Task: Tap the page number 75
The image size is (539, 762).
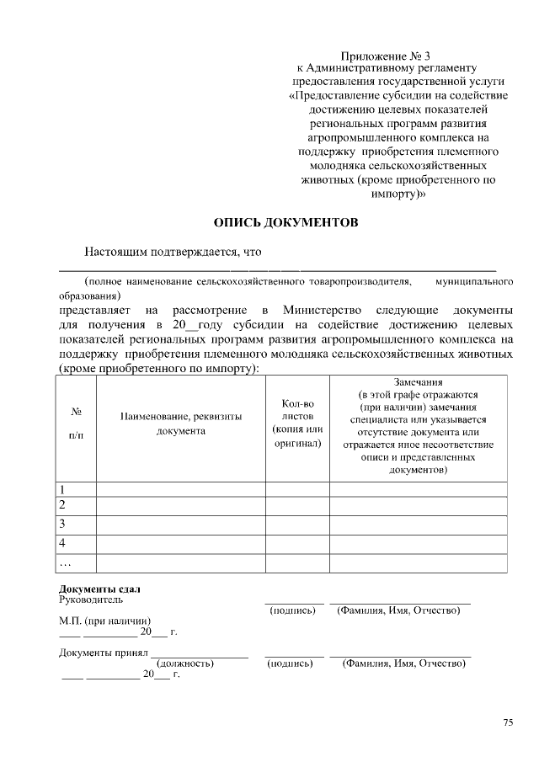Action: click(508, 722)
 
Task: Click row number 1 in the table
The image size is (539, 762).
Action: click(61, 489)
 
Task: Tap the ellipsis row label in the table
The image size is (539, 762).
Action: click(64, 562)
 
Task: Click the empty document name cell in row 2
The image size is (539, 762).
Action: click(180, 506)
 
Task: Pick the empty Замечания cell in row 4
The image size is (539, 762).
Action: click(418, 543)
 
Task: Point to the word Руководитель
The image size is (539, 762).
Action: click(91, 599)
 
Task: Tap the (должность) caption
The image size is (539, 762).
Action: click(185, 663)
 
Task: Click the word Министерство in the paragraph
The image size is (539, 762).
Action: click(323, 309)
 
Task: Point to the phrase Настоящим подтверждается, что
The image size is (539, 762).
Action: click(173, 252)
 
